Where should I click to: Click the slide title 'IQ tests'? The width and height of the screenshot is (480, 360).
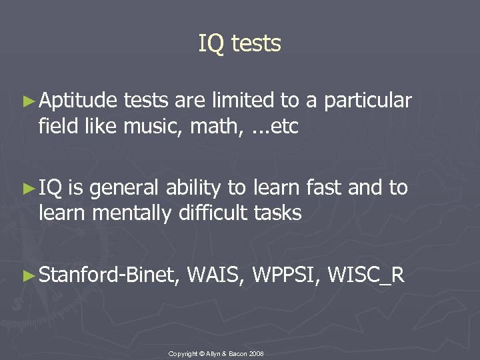[240, 44]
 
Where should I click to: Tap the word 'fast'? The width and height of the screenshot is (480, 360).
[325, 189]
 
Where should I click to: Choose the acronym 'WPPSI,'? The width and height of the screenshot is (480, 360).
[286, 275]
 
